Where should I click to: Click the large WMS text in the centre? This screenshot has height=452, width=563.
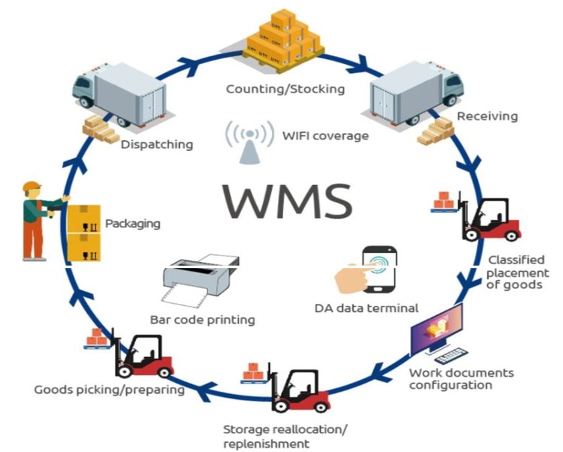pyautogui.click(x=288, y=199)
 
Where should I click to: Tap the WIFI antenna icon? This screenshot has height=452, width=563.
pyautogui.click(x=250, y=140)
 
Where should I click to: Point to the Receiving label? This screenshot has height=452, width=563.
pyautogui.click(x=487, y=116)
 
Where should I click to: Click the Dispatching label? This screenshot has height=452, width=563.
pyautogui.click(x=157, y=144)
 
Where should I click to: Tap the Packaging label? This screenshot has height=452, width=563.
pyautogui.click(x=134, y=223)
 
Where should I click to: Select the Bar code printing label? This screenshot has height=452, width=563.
pyautogui.click(x=203, y=320)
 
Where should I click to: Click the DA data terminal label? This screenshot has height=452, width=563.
pyautogui.click(x=366, y=308)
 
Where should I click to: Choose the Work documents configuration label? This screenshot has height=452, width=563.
pyautogui.click(x=461, y=379)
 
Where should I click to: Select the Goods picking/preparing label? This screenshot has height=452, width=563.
pyautogui.click(x=109, y=389)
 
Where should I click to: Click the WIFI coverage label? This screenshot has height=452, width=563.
pyautogui.click(x=325, y=136)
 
